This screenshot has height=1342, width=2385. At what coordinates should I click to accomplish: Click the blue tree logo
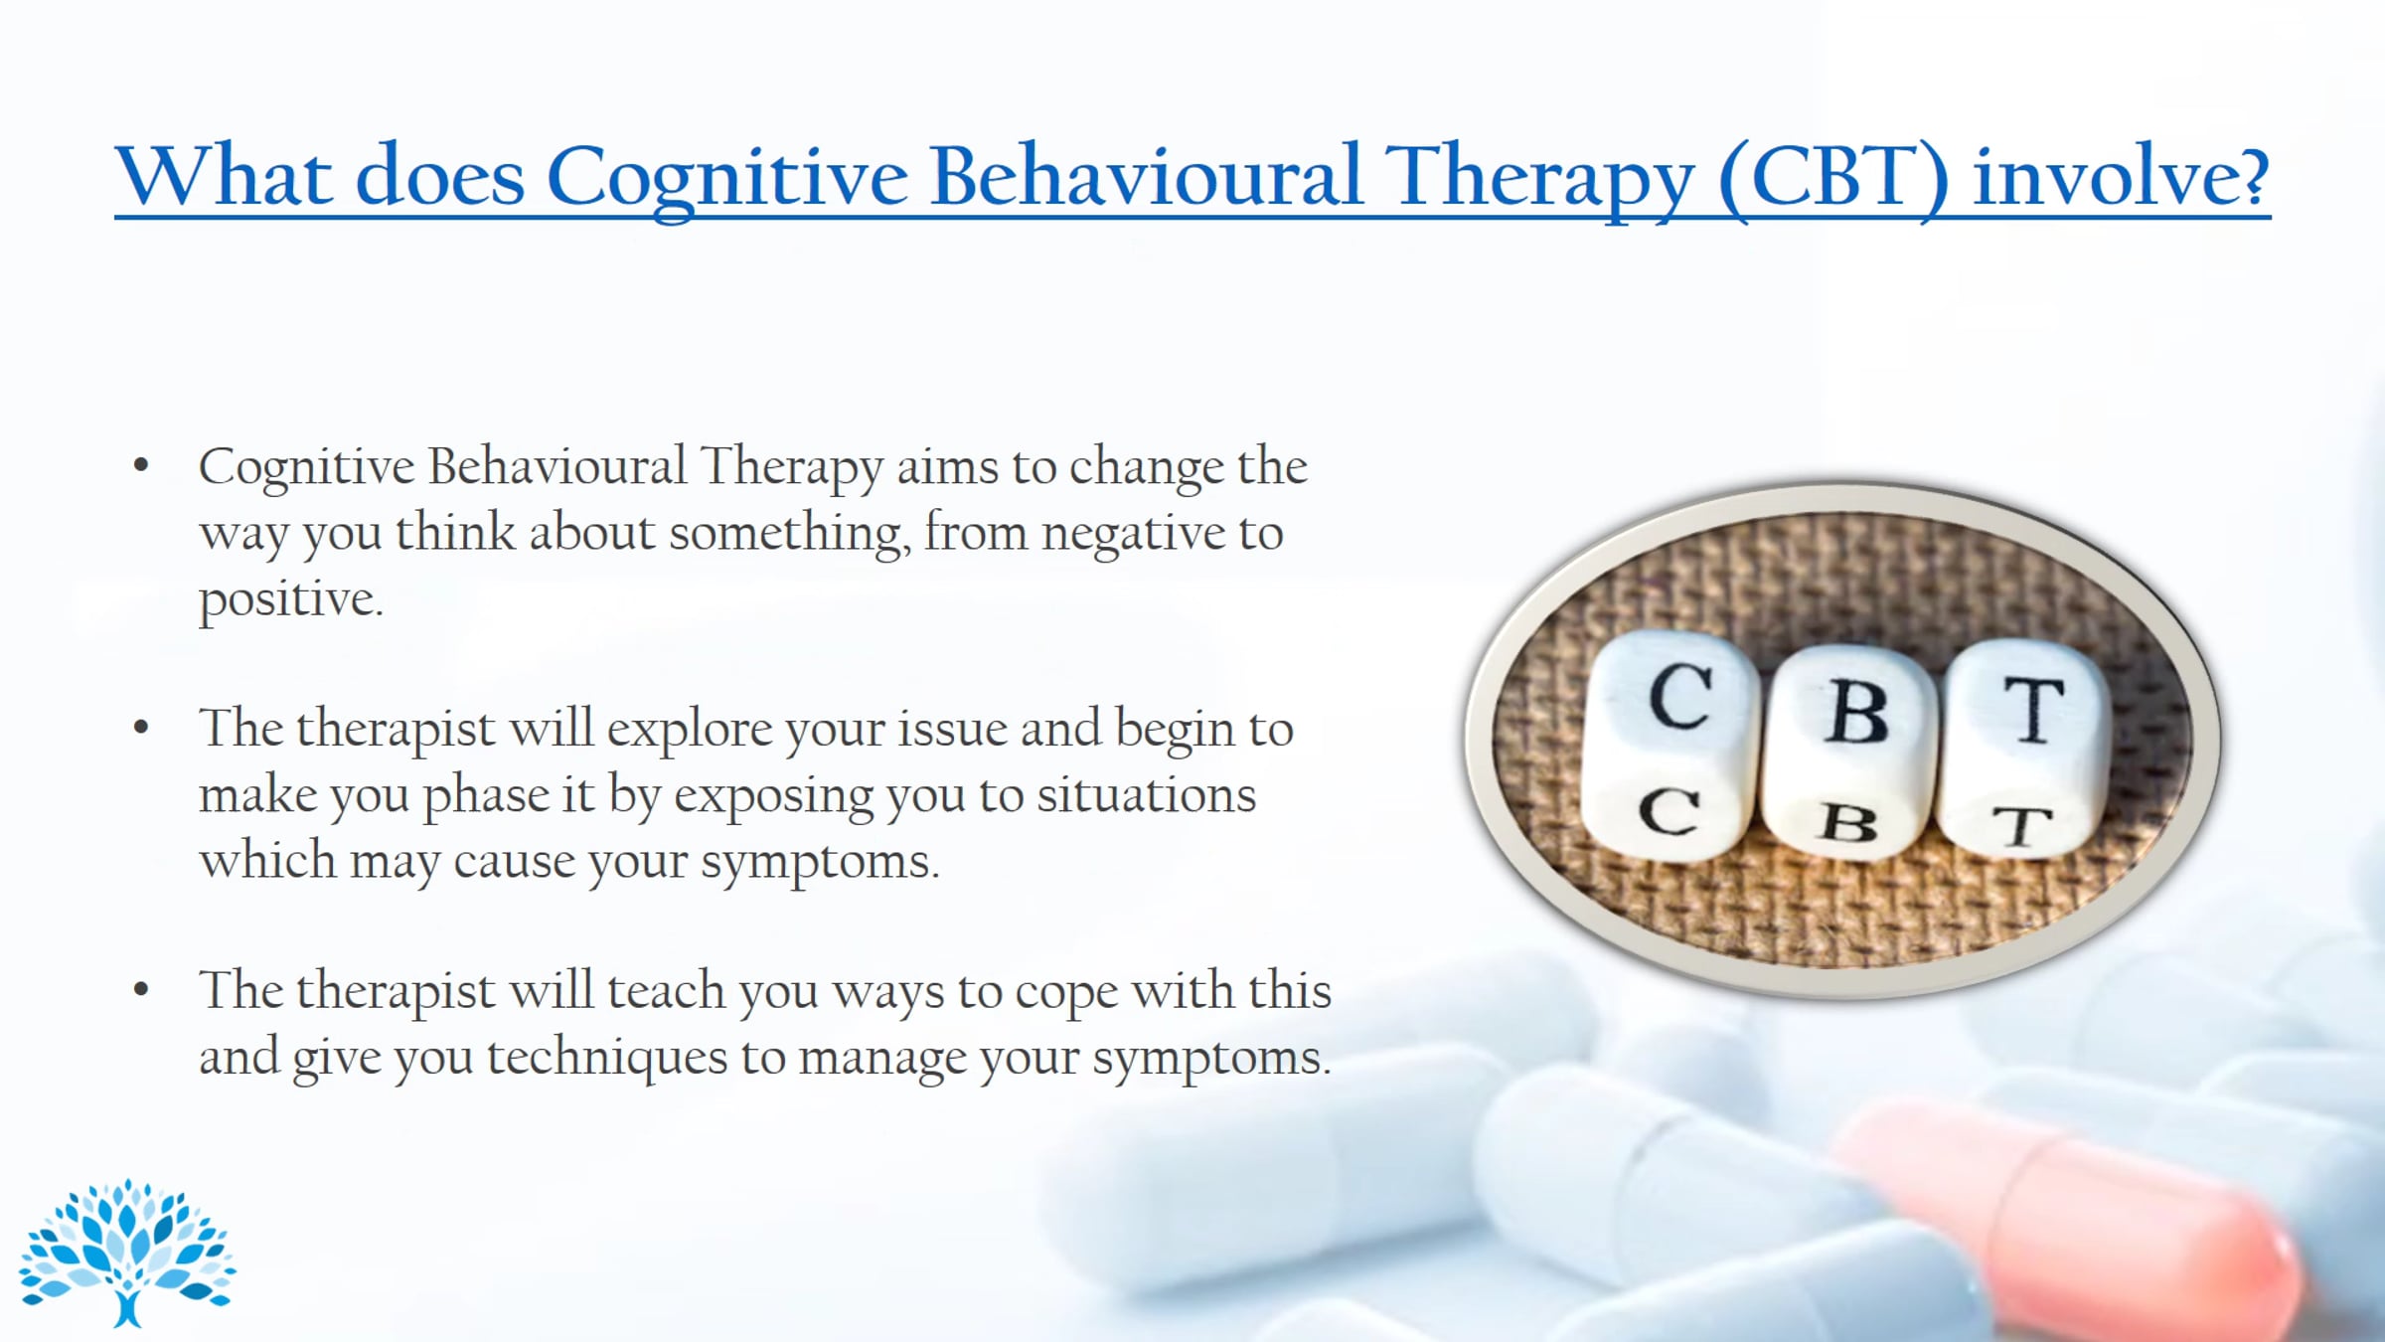(127, 1253)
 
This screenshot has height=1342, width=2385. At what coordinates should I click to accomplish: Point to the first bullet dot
(141, 465)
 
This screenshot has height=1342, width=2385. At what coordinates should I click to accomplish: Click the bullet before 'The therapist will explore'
(141, 728)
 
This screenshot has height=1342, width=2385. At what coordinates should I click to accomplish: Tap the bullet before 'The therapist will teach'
(141, 990)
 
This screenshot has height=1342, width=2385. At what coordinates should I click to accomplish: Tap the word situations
(1147, 795)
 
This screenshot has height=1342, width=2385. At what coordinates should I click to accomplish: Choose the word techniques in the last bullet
(607, 1058)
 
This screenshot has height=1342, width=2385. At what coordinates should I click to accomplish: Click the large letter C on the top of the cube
(1680, 698)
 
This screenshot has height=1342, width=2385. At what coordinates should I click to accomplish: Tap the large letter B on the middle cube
(1855, 712)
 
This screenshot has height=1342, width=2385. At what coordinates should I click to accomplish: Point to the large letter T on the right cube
(2033, 710)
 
